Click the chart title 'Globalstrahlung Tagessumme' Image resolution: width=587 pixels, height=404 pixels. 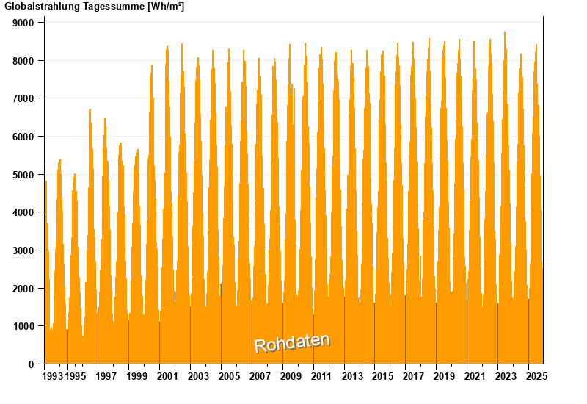click(x=73, y=7)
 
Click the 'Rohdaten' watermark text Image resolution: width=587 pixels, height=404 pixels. click(x=292, y=342)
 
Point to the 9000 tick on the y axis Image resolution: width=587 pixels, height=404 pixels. click(x=24, y=23)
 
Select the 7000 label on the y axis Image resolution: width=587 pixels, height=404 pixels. click(x=24, y=98)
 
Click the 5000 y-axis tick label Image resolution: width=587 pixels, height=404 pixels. click(x=24, y=175)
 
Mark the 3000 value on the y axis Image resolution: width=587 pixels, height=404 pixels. click(x=24, y=250)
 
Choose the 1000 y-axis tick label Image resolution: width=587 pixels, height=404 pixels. click(x=24, y=326)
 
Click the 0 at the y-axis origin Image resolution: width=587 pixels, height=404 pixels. click(x=32, y=364)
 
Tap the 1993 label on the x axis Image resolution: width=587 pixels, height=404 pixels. click(x=52, y=376)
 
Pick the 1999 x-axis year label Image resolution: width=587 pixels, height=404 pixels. click(x=137, y=376)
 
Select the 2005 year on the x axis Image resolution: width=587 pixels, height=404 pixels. click(x=230, y=376)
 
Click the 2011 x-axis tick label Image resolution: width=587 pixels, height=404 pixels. click(x=321, y=376)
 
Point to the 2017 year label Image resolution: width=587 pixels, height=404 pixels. click(x=414, y=376)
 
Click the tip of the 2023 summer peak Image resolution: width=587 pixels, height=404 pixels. click(x=505, y=32)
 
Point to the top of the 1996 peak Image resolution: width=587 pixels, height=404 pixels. click(x=90, y=109)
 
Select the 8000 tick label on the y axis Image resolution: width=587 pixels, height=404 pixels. click(x=24, y=61)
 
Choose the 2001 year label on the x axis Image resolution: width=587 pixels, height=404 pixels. click(x=168, y=376)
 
